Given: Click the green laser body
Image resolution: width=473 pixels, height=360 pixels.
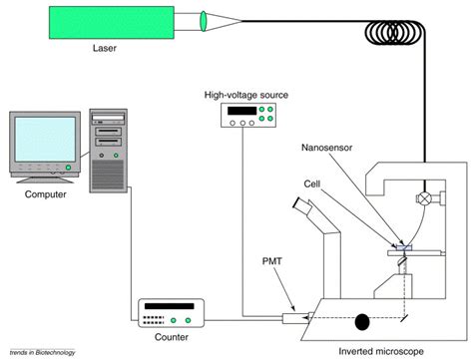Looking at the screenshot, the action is tap(112, 23).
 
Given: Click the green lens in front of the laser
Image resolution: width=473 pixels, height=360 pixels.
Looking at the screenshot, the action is tap(204, 21).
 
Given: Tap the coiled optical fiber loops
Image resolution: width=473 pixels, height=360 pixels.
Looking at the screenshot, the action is tap(395, 33).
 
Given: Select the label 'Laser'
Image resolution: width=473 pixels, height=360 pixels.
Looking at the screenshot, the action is tap(105, 48).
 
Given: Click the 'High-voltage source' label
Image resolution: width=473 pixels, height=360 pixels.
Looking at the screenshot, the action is tap(246, 95).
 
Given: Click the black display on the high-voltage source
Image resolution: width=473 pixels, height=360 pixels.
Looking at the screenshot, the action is tap(241, 111).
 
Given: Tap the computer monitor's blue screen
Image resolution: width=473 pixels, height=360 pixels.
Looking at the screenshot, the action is tap(45, 140).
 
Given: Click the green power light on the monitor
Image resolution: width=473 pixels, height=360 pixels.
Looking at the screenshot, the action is tap(68, 168).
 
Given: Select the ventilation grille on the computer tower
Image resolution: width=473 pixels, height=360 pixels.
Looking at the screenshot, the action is tap(108, 175).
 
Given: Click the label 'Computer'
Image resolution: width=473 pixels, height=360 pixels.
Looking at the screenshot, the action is tap(46, 194).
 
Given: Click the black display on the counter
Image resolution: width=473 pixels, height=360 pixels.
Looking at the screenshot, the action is tap(170, 306).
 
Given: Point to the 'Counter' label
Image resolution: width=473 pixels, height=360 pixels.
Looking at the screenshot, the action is tap(172, 337).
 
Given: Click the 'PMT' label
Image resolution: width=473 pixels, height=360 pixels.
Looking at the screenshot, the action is tap(272, 261).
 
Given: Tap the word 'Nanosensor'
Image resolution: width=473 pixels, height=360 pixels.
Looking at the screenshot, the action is tap(326, 148).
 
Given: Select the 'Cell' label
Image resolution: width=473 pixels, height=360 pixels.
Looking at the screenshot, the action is tap(312, 183).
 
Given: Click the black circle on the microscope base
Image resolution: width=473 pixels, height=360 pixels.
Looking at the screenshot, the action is tap(362, 322).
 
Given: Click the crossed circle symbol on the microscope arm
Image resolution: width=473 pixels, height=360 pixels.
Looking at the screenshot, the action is tap(424, 198).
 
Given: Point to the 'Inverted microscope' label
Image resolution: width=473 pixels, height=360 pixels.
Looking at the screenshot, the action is tap(381, 351).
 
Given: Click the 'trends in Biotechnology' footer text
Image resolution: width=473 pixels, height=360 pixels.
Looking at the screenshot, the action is tap(43, 352).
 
